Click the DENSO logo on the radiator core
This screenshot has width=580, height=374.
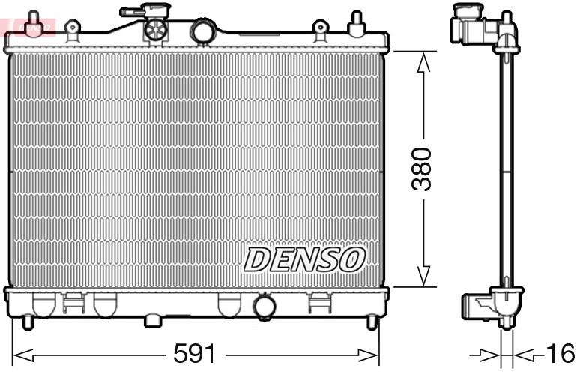point(304,259)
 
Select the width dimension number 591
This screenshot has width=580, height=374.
point(193,352)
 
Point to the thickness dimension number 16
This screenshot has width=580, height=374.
point(560,352)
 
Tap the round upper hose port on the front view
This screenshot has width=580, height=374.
point(203,31)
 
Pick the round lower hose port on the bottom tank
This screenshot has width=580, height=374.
point(264,306)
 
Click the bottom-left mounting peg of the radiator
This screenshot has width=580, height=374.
point(28,322)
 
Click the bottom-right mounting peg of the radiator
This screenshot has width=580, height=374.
point(371,322)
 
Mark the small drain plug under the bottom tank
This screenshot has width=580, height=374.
point(153,321)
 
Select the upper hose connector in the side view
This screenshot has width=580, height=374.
point(472,28)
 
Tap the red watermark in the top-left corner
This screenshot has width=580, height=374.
point(26,25)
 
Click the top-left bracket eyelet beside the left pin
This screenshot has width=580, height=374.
point(72,30)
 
